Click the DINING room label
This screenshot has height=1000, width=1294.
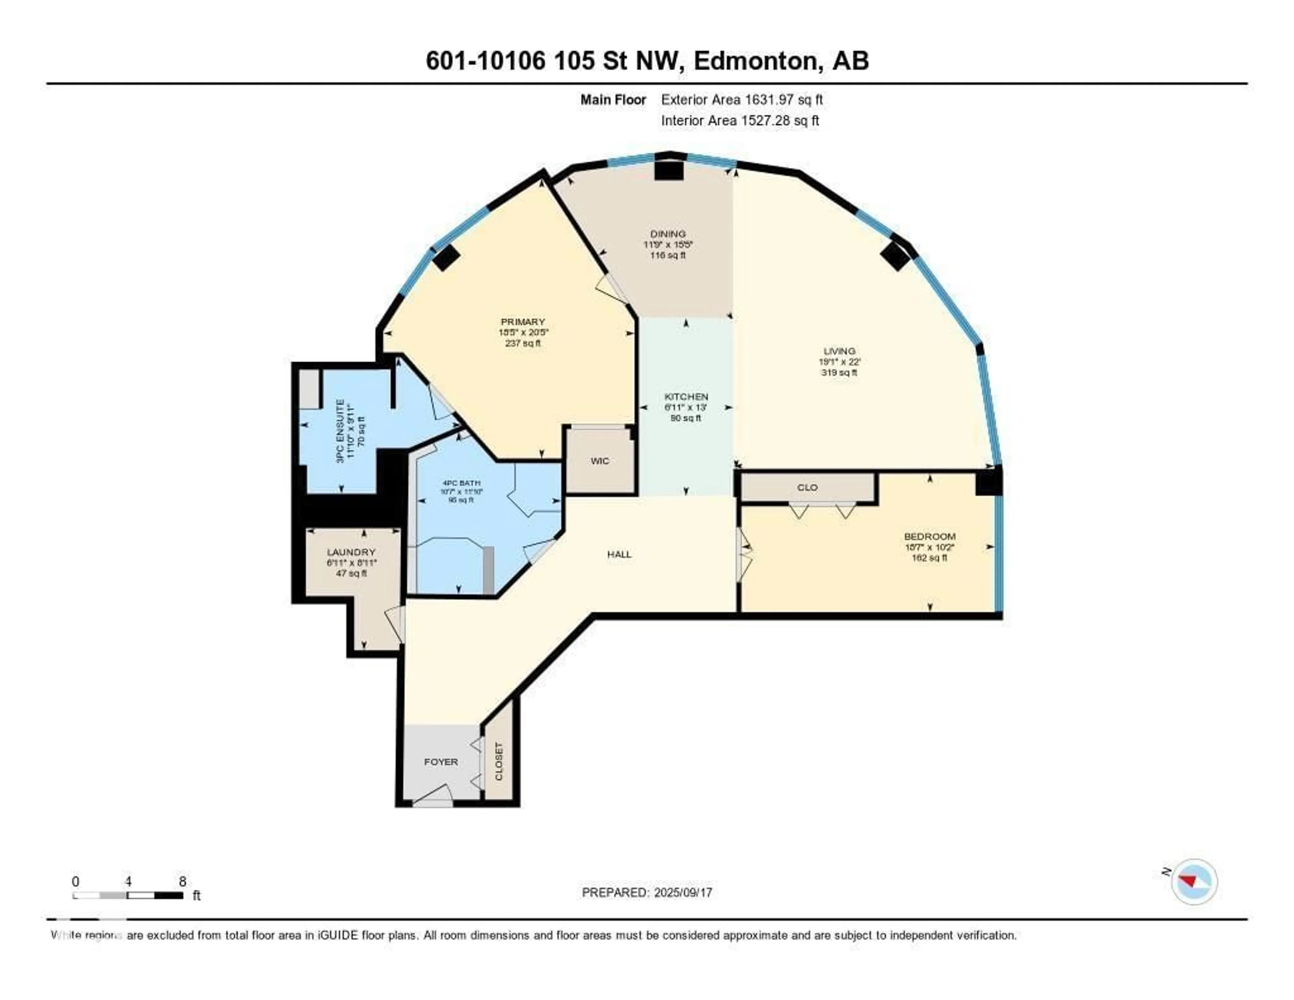tap(668, 234)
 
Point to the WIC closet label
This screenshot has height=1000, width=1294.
tap(599, 461)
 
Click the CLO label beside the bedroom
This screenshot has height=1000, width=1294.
tap(807, 487)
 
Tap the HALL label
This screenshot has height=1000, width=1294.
tap(619, 554)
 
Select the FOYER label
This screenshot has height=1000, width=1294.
tap(441, 762)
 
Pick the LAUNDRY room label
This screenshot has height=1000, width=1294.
tap(351, 552)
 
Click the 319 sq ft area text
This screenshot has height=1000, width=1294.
tap(839, 372)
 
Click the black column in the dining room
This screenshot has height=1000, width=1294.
tap(669, 170)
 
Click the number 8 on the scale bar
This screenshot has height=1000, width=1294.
tap(183, 881)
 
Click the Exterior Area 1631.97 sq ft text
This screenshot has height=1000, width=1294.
tap(741, 99)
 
